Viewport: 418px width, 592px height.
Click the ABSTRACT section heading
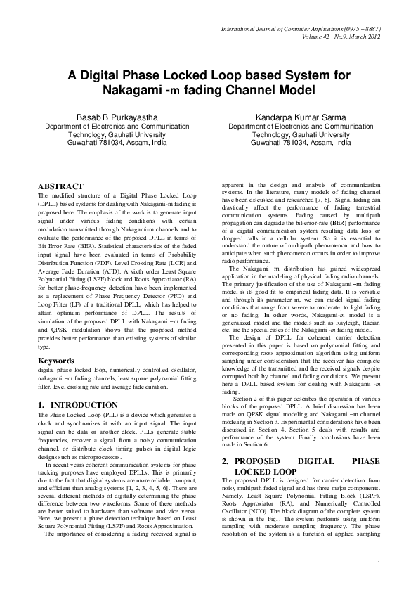pos(64,186)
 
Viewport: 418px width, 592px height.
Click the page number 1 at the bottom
pos(379,562)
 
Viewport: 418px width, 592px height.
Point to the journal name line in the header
pos(300,29)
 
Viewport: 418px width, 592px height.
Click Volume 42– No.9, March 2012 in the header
pos(341,37)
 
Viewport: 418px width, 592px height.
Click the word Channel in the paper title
pos(242,91)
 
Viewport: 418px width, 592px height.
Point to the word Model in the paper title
pos(287,91)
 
